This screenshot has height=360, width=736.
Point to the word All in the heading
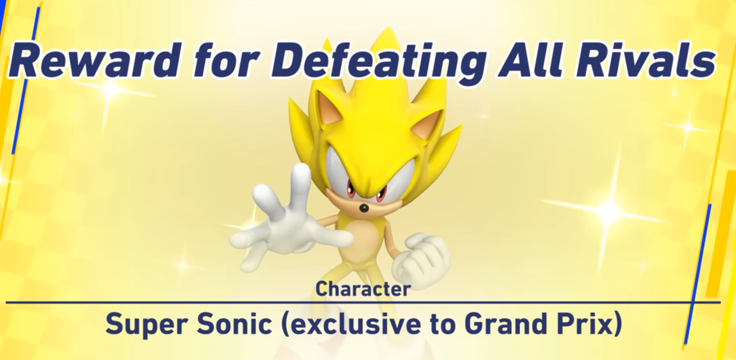coord(529,61)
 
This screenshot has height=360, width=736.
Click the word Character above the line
coord(363,289)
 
